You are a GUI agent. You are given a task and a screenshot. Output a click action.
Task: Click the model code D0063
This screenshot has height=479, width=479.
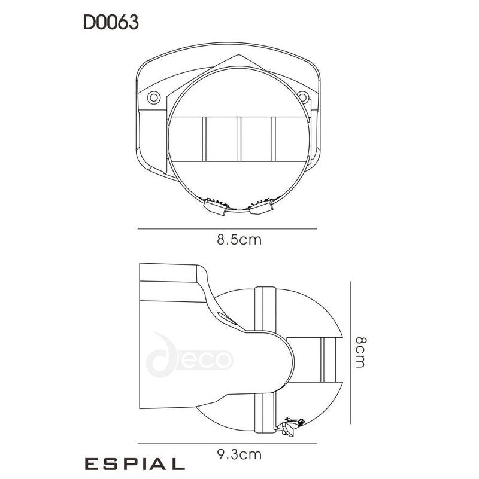(x=111, y=23)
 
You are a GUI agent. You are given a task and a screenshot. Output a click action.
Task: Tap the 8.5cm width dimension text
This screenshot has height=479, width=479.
(x=239, y=240)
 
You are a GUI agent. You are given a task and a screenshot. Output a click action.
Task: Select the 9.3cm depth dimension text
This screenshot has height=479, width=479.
(x=239, y=454)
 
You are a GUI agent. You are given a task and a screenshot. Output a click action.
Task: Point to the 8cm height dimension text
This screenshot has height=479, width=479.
(x=359, y=352)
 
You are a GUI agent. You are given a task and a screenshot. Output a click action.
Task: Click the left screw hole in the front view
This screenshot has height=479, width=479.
(x=154, y=97)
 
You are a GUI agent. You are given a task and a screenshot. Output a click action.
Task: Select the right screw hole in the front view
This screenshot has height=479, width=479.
(x=303, y=97)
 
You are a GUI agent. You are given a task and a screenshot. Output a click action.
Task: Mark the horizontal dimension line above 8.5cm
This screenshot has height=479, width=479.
(x=228, y=229)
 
